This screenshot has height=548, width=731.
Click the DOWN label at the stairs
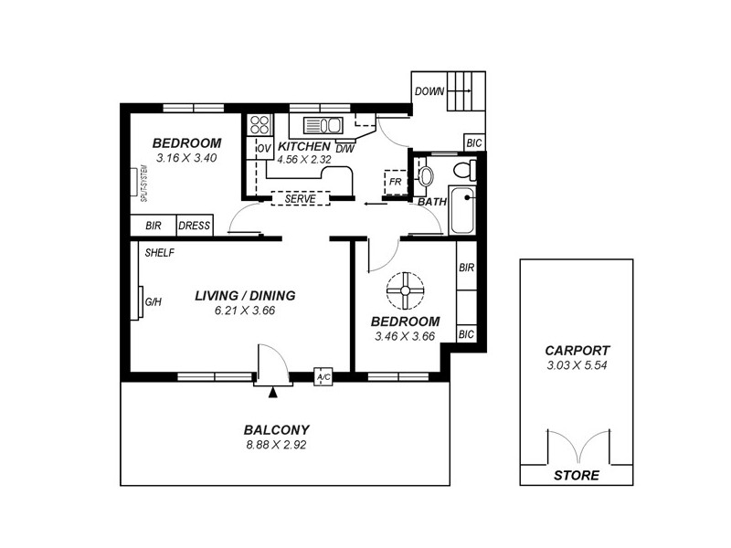(x=429, y=91)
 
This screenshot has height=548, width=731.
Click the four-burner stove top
(x=259, y=126)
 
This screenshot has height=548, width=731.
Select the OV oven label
(x=263, y=148)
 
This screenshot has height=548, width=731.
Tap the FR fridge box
(x=395, y=182)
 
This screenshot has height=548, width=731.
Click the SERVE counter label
(x=301, y=198)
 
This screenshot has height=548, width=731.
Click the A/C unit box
(x=323, y=376)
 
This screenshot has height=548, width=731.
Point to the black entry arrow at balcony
(x=272, y=393)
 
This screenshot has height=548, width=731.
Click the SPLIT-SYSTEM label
(x=143, y=183)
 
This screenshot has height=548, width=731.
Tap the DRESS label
(x=195, y=226)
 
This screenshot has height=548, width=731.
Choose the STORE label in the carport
(x=577, y=475)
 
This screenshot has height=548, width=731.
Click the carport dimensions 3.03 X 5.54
(x=577, y=365)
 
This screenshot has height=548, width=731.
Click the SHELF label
(x=160, y=253)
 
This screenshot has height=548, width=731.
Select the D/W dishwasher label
(x=344, y=148)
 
